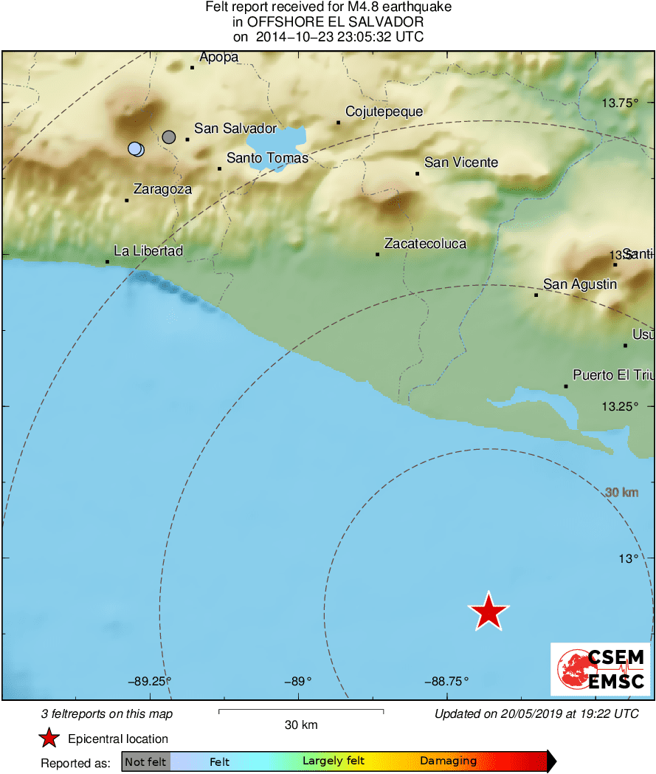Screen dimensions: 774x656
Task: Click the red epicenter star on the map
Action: (x=488, y=612)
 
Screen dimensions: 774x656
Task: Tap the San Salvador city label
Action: (x=235, y=129)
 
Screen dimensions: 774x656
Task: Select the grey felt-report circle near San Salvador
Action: (x=169, y=137)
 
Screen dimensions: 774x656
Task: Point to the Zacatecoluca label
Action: (x=425, y=244)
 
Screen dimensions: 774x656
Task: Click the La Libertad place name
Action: (x=148, y=251)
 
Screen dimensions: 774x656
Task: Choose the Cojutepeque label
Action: (x=384, y=112)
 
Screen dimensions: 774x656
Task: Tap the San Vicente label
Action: (x=461, y=162)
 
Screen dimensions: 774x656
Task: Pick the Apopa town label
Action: (x=218, y=58)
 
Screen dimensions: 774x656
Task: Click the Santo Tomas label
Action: (x=267, y=158)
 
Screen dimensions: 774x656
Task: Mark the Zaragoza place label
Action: (x=162, y=189)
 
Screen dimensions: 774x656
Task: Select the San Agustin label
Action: (x=579, y=284)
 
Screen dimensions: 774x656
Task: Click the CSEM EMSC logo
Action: (x=600, y=669)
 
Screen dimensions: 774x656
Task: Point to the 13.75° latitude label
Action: (x=618, y=103)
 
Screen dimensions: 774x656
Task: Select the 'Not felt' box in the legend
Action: (x=146, y=761)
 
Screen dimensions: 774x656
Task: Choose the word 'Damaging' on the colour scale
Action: (x=448, y=761)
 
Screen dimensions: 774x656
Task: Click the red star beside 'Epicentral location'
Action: (x=49, y=739)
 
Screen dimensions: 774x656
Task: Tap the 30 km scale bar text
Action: (x=301, y=725)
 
